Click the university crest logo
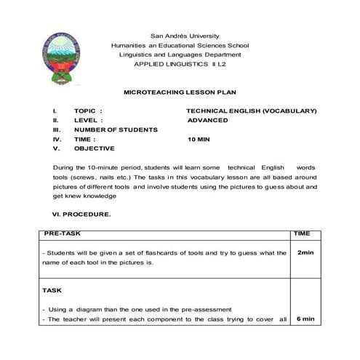(62, 59)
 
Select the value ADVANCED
(207, 120)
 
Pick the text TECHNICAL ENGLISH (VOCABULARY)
(252, 111)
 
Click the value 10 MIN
(199, 139)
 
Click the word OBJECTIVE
(94, 148)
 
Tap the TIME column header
(302, 234)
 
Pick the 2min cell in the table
(305, 252)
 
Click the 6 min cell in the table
(305, 319)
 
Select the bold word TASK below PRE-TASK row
(52, 289)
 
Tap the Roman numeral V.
(55, 148)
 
